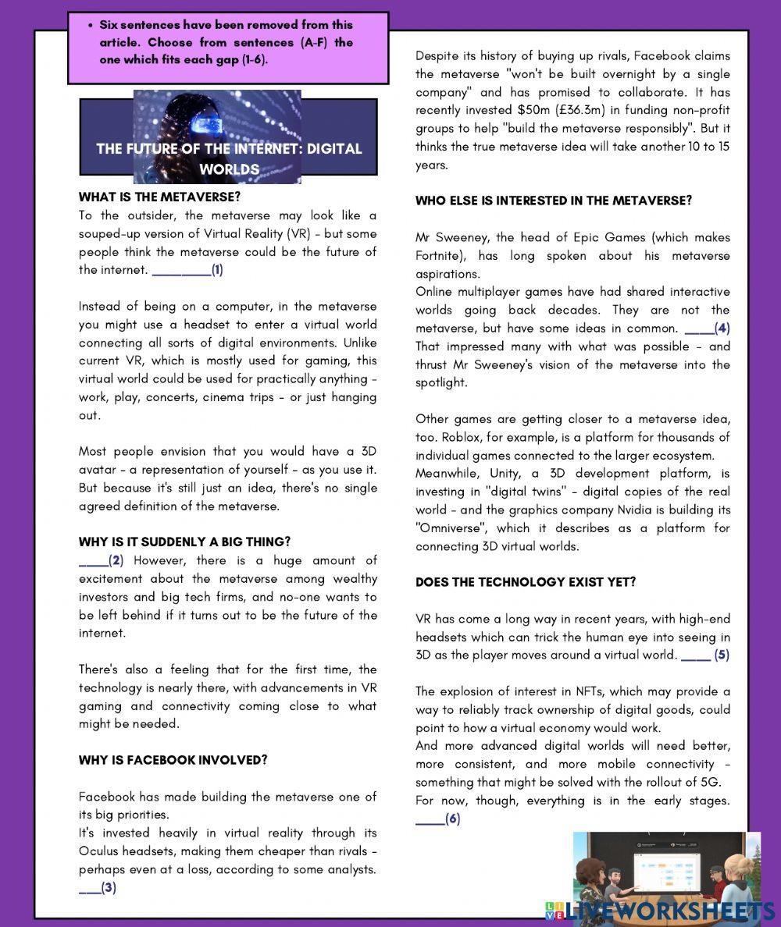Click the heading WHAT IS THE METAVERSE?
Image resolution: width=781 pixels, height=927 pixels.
(x=159, y=197)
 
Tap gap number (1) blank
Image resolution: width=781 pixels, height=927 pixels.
(x=181, y=271)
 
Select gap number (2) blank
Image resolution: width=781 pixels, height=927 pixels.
(x=93, y=560)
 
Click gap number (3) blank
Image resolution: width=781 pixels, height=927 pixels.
(x=89, y=887)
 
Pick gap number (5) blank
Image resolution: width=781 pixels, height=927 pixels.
(x=696, y=655)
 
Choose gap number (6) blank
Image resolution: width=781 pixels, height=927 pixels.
(x=430, y=819)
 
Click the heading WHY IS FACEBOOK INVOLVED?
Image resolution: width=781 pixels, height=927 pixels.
(x=173, y=760)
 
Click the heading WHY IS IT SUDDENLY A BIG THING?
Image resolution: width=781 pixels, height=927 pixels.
(x=184, y=542)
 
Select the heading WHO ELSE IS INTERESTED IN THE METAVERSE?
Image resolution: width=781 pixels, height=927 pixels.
(x=553, y=201)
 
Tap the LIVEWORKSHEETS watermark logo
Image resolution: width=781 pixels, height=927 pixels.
(x=661, y=911)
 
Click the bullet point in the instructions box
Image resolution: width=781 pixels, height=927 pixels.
(x=91, y=26)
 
